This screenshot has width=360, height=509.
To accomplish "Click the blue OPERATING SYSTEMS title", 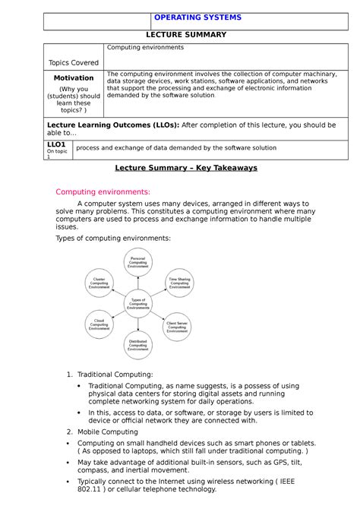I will pyautogui.click(x=197, y=17).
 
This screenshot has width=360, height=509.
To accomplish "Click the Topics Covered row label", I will pyautogui.click(x=73, y=62).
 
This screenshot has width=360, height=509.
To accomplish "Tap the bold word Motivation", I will pyautogui.click(x=73, y=77).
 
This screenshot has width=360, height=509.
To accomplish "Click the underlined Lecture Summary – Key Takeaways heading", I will pyautogui.click(x=185, y=168).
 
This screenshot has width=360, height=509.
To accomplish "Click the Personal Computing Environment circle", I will pyautogui.click(x=138, y=262).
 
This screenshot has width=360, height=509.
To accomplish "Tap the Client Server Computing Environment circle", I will pyautogui.click(x=177, y=326).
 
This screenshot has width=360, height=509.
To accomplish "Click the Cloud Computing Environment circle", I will pyautogui.click(x=99, y=324).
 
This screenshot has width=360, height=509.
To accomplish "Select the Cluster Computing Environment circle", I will pyautogui.click(x=99, y=283).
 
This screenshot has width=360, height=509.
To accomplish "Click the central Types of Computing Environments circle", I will pyautogui.click(x=138, y=303).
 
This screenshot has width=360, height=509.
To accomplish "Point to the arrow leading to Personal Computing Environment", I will pyautogui.click(x=138, y=282).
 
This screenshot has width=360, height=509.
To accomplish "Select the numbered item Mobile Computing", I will pyautogui.click(x=108, y=432).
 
